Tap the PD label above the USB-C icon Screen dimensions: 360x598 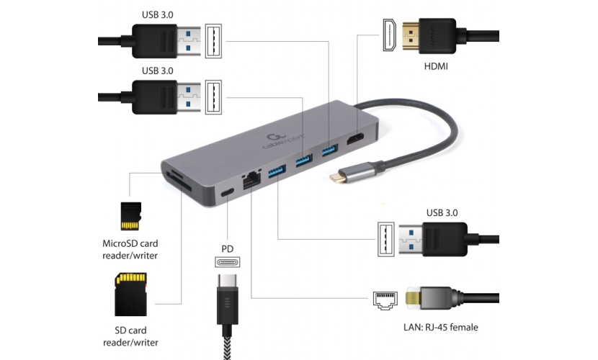(228, 248)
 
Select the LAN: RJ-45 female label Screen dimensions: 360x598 (442, 328)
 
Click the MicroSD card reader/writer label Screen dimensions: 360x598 (130, 248)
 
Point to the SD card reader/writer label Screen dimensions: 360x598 (130, 336)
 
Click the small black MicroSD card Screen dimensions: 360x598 (130, 214)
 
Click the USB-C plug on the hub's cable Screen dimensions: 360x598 (340, 175)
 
